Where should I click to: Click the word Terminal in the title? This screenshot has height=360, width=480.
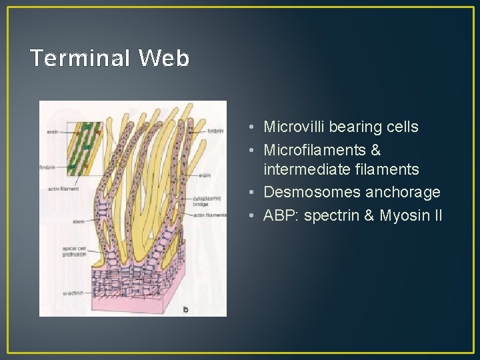point(80,59)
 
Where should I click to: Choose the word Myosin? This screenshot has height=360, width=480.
point(404,215)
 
